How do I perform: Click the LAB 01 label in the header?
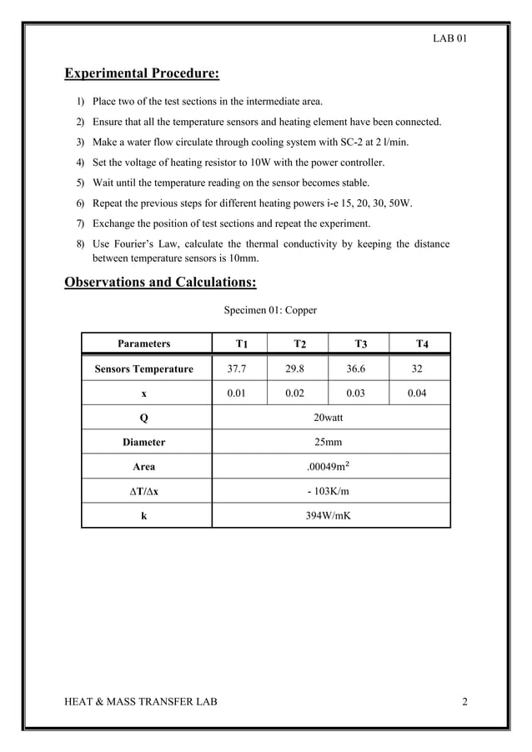[x=449, y=38]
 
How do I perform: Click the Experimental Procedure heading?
[x=142, y=74]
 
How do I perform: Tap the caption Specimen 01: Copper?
[x=270, y=310]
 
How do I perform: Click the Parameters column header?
[x=143, y=343]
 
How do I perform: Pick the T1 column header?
[x=241, y=343]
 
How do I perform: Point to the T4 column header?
[x=422, y=343]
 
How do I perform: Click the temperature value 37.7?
[x=237, y=368]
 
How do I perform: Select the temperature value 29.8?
[x=294, y=368]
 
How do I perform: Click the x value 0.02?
[x=294, y=394]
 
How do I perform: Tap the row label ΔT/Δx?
[x=143, y=491]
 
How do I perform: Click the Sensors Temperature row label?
[x=143, y=368]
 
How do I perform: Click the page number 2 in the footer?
[x=464, y=702]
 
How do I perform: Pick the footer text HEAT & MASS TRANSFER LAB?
[x=141, y=702]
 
